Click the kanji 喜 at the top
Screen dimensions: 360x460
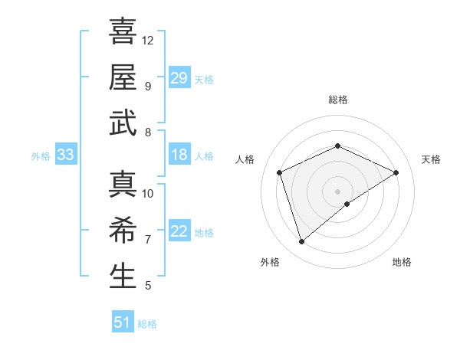point(123,31)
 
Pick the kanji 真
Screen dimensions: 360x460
point(123,185)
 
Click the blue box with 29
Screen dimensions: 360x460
point(179,78)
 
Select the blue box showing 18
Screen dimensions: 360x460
point(179,155)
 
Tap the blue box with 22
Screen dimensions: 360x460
point(179,232)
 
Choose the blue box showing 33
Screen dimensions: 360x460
point(65,155)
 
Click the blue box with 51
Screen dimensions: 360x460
point(122,322)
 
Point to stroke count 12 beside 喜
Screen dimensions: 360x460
point(148,40)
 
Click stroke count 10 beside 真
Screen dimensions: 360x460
point(148,193)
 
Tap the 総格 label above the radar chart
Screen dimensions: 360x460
point(338,100)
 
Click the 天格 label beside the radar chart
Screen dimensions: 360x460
point(431,159)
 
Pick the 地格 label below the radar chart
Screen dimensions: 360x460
point(402,262)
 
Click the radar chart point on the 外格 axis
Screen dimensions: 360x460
point(301,242)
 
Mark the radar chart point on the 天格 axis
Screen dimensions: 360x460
point(396,172)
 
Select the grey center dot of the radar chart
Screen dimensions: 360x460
point(338,191)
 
